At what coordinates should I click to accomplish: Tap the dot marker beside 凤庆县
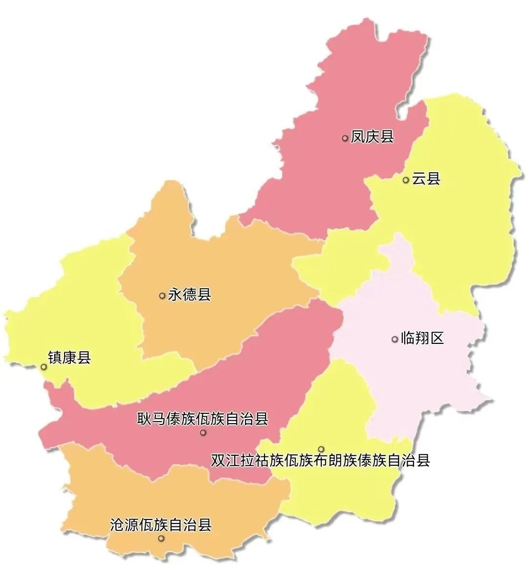(x=345, y=138)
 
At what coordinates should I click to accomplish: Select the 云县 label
(x=426, y=179)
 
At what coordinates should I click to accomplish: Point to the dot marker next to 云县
(x=406, y=180)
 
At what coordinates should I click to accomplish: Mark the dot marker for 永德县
(x=162, y=295)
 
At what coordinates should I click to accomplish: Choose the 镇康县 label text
(x=69, y=358)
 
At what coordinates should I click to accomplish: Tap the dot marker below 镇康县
(x=44, y=366)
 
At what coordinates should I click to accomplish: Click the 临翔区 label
(x=422, y=338)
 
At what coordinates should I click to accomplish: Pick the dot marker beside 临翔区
(x=395, y=339)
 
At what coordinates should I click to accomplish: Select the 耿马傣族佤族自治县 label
(x=202, y=419)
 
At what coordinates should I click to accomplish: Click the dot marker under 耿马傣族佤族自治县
(x=203, y=432)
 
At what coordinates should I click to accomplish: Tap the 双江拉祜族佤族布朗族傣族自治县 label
(x=321, y=461)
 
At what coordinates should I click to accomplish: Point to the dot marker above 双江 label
(x=321, y=449)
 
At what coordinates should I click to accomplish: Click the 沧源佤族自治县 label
(x=161, y=525)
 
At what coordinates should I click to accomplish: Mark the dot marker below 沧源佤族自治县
(x=161, y=539)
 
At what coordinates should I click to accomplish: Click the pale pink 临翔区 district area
(x=420, y=372)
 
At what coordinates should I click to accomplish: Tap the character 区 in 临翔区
(x=437, y=338)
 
